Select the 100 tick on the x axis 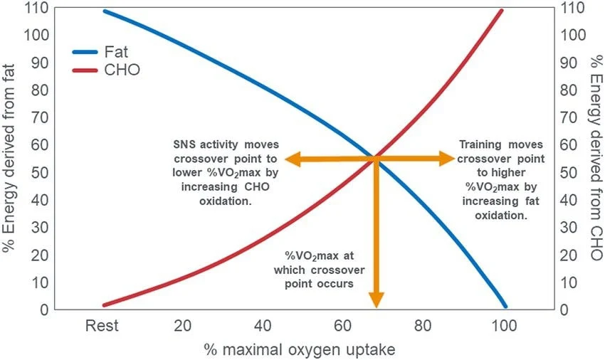point(505,326)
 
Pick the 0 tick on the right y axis point(566,309)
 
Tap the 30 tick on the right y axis point(569,228)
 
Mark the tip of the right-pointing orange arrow point(454,159)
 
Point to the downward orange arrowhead point(376,302)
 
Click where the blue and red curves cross point(375,158)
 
